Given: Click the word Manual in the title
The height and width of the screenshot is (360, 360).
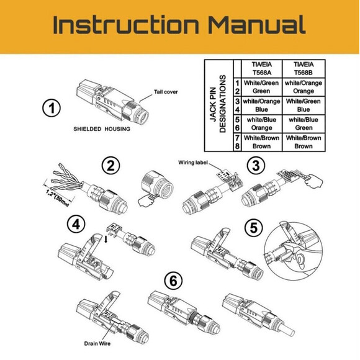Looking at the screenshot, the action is pos(257,25).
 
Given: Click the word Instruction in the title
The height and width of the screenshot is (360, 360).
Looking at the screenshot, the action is pos(126,25).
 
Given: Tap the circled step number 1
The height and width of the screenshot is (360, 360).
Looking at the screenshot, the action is pos(52,108).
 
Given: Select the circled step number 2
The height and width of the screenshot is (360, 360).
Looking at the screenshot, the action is pos(110,165).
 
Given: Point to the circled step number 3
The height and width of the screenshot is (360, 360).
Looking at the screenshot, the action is pos(256,165).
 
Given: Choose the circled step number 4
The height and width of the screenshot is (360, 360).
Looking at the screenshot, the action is pos(76,224).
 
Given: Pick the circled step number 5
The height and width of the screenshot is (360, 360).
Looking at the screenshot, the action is pos(254,228).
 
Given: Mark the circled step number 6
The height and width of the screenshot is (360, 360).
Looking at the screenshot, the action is pos(173,281).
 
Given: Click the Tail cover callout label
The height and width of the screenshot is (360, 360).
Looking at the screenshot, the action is pos(166,92).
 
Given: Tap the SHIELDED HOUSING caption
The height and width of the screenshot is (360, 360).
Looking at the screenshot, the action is pos(102,129).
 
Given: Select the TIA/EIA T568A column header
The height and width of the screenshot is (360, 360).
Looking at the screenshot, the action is pos(262,68).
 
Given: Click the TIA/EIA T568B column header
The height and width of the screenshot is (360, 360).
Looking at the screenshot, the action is pos(304,68).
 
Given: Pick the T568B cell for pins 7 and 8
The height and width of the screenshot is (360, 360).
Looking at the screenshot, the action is pos(304,142).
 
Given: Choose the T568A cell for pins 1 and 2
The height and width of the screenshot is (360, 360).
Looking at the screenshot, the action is pos(261,87).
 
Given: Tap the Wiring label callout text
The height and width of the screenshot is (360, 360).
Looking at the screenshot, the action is pos(193,163).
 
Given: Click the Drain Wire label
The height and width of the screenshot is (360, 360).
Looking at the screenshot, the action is pos(97,343).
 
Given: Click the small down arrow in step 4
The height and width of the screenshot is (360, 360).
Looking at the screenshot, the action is pos(106,240).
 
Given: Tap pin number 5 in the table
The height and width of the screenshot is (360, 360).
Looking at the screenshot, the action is pos(237,120).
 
